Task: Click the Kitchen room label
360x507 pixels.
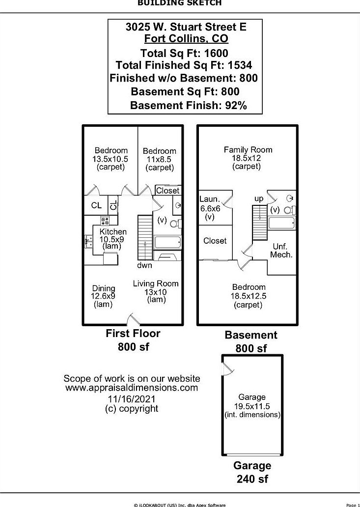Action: [x=113, y=239]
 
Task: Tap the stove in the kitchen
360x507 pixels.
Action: [x=105, y=221]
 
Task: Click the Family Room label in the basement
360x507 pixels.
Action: [x=248, y=158]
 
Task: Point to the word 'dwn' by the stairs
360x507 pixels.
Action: [x=144, y=265]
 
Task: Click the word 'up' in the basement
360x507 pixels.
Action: [x=259, y=199]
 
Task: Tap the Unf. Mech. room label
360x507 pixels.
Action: [x=281, y=251]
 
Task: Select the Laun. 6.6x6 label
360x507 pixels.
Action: [x=210, y=208]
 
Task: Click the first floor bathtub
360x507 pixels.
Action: [x=167, y=242]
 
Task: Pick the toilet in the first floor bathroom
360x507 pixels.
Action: [x=176, y=224]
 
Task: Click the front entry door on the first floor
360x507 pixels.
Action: [x=132, y=319]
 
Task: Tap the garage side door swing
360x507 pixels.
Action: [x=228, y=368]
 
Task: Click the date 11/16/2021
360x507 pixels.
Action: [x=132, y=399]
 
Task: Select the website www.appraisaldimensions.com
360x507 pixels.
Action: [x=132, y=388]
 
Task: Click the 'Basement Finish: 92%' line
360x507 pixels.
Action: [x=189, y=106]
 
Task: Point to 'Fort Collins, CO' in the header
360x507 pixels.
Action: [x=186, y=38]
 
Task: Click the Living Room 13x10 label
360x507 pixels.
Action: [x=156, y=291]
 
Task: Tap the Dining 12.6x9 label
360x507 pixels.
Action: [x=104, y=296]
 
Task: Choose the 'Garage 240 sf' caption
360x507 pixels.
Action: [x=252, y=472]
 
